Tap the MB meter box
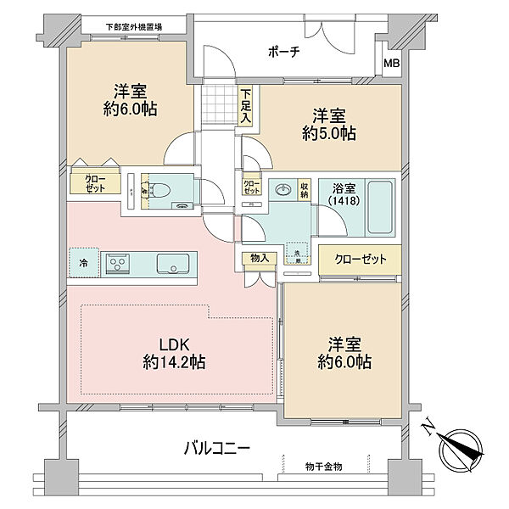pos(390,64)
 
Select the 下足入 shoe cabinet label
pos(245,106)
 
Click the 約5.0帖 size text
pos(326,133)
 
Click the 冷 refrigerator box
pos(83,263)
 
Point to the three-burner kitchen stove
pos(117,264)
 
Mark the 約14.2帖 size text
pos(175,362)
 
